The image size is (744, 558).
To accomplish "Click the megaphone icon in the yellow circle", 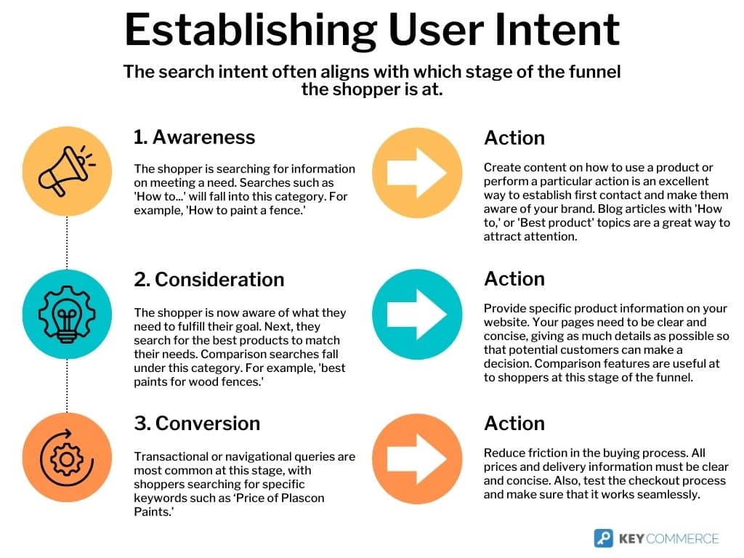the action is click(67, 171).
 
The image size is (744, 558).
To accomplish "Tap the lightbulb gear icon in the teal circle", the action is click(67, 314).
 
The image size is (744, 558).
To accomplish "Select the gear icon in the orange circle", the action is click(66, 458).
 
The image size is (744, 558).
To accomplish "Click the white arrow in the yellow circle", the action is click(416, 173).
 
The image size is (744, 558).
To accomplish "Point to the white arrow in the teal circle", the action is click(416, 315).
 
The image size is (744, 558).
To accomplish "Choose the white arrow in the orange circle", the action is click(416, 459).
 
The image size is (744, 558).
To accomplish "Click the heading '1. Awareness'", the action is click(194, 137).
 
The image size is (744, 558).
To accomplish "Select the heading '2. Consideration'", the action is click(209, 280).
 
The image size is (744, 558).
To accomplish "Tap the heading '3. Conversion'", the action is click(197, 424).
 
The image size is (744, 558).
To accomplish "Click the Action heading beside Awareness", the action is click(514, 138).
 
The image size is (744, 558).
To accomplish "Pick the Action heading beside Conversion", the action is click(514, 424).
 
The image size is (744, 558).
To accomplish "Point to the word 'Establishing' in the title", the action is click(251, 31).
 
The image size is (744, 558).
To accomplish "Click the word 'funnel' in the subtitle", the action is click(594, 72).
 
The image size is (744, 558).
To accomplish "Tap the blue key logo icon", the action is click(604, 538).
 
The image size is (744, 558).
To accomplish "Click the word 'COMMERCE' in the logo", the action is click(682, 538).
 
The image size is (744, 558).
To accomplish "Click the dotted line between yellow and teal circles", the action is click(67, 243).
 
